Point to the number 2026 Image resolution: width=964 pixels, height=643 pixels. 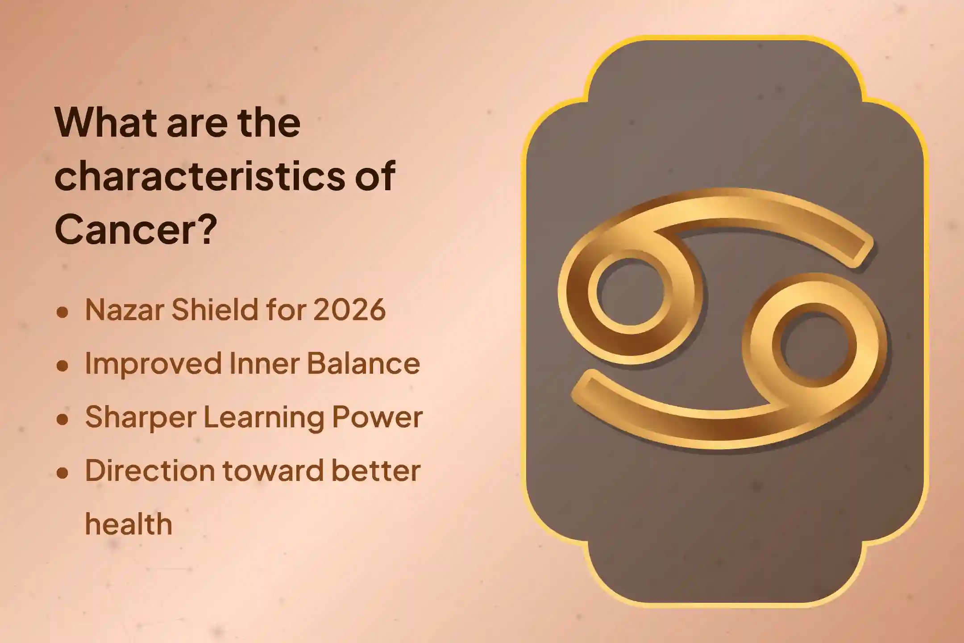349,309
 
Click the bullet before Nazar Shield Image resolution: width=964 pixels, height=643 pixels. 62,312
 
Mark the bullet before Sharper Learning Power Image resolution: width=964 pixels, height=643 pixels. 62,419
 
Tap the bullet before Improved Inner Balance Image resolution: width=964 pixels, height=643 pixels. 62,366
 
